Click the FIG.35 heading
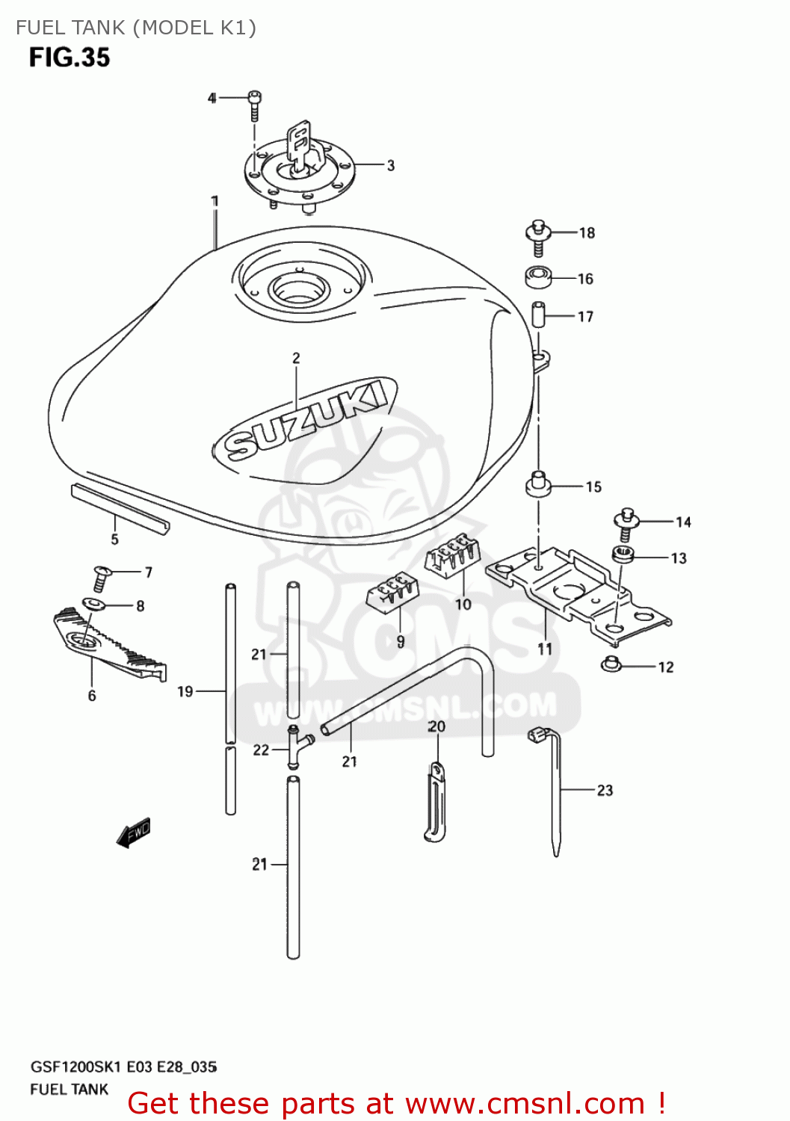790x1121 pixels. [70, 58]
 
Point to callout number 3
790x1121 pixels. [390, 165]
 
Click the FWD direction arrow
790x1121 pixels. [134, 833]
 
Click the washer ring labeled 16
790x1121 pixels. [537, 277]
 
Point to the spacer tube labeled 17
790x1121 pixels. [538, 314]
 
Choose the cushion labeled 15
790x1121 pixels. [537, 484]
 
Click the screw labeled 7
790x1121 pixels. [101, 579]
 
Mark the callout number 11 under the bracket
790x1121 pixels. [545, 649]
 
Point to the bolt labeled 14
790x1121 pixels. [626, 524]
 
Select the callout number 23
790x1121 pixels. [605, 790]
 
